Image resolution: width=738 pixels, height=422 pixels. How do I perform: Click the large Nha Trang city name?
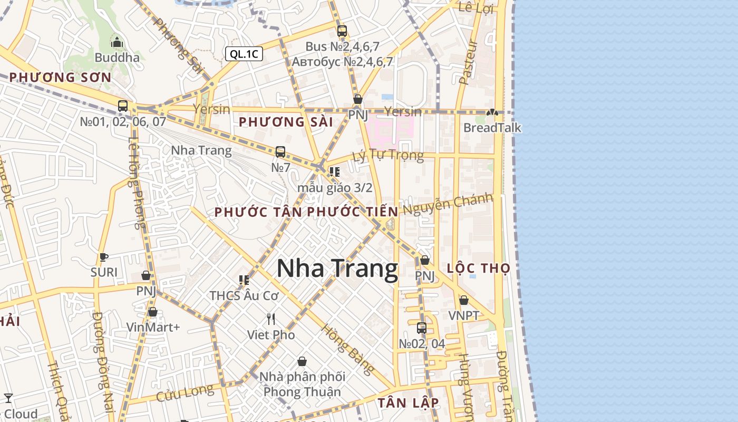click(337, 268)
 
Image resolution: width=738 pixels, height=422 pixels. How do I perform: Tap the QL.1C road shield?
click(244, 54)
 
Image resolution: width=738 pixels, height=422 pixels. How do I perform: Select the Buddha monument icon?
click(117, 42)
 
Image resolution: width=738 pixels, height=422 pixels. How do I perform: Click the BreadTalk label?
click(492, 128)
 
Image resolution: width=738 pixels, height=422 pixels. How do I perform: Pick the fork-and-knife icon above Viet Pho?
click(271, 319)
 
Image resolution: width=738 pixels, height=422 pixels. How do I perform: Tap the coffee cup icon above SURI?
click(104, 257)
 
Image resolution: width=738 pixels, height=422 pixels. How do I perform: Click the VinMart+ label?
click(153, 327)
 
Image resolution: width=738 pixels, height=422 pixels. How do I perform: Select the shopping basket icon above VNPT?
click(464, 301)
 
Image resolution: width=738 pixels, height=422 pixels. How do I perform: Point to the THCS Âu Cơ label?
click(244, 295)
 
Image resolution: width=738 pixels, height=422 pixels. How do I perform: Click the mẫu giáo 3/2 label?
click(335, 187)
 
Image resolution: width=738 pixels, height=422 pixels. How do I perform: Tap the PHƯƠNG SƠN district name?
click(60, 78)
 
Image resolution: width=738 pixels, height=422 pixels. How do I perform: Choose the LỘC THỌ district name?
click(478, 268)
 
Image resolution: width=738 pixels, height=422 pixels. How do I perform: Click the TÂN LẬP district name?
click(408, 402)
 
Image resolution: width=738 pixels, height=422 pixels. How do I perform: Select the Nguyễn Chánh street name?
click(448, 204)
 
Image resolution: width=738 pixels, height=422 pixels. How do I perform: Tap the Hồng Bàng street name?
click(348, 349)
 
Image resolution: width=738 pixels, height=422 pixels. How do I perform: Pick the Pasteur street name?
click(468, 62)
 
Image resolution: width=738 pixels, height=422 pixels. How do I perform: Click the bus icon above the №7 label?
click(280, 152)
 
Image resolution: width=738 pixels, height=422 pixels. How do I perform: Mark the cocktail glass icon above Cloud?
click(8, 398)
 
